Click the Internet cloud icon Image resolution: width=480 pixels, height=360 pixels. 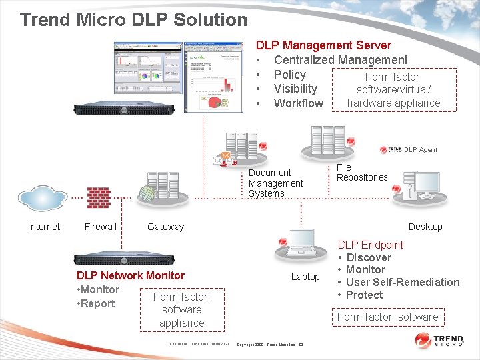tap(43, 198)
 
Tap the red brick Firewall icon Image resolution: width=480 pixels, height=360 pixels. tap(99, 198)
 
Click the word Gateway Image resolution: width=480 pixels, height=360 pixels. tap(165, 227)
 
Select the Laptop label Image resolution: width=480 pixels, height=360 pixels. tap(305, 277)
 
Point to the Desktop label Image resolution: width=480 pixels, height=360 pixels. tap(425, 227)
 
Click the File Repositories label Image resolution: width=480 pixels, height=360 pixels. tap(361, 172)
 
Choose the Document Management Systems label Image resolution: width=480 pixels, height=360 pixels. tap(275, 183)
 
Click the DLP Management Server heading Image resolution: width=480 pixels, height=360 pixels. tap(323, 45)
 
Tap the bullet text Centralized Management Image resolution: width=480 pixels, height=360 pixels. tap(340, 60)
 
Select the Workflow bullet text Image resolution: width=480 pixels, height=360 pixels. tap(298, 103)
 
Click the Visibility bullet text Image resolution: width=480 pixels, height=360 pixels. tap(295, 89)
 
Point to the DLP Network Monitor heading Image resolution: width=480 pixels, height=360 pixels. tap(131, 275)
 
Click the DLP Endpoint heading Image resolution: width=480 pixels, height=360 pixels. tap(371, 245)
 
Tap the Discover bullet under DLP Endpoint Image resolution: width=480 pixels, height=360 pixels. tap(369, 257)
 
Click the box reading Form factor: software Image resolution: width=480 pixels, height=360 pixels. tap(388, 317)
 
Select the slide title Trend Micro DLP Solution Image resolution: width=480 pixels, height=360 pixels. tap(133, 19)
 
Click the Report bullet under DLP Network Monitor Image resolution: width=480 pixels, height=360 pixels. tap(98, 303)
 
